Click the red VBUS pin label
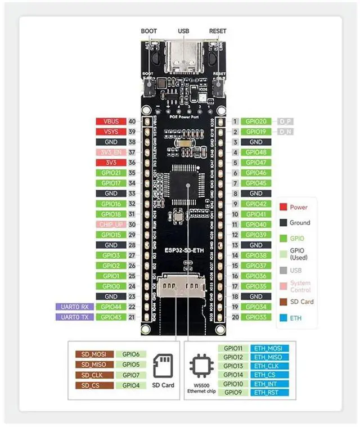(111, 122)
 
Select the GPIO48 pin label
(256, 152)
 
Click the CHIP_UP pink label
(111, 224)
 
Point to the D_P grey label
(287, 122)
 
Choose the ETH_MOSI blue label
(267, 349)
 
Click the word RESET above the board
(218, 32)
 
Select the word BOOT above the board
(148, 32)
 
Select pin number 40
(132, 122)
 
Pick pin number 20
(235, 317)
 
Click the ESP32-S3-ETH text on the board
(183, 248)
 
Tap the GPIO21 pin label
(111, 173)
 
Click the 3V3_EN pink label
(111, 152)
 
